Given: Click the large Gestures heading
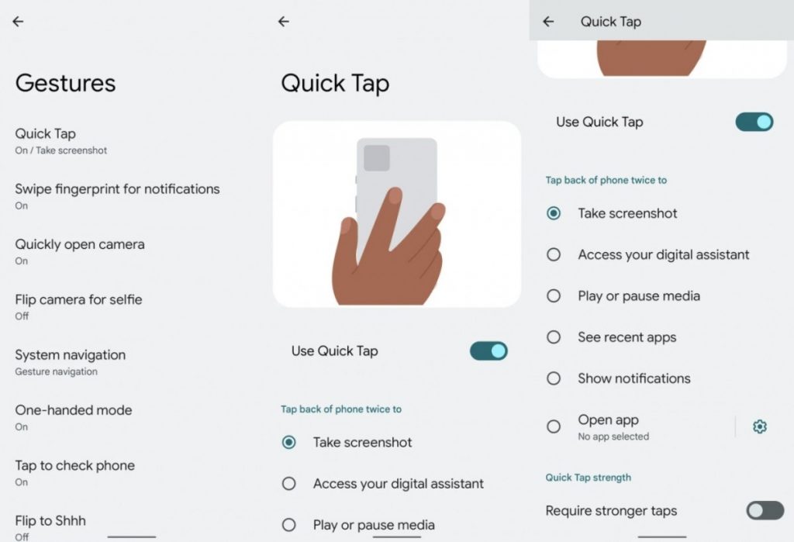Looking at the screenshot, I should coord(65,83).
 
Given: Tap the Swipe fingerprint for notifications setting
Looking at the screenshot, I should coord(117,189).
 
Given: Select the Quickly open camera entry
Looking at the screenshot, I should coord(80,244).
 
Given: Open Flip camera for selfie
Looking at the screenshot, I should coord(78,299).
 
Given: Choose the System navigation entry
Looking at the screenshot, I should coord(70,355).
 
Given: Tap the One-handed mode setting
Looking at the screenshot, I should coord(74,410).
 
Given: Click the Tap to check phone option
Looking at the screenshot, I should coord(74,465).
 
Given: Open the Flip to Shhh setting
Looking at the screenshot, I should coord(50,521).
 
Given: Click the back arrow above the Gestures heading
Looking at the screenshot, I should coord(18,22).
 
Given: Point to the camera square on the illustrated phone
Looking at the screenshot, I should coord(377,158).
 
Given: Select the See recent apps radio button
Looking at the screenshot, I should coord(554,337).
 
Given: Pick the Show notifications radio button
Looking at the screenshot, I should coord(554,378).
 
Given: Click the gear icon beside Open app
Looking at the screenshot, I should coord(760,426).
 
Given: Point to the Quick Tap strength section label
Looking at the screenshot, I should coord(588,478).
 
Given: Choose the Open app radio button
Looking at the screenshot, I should coord(554,426).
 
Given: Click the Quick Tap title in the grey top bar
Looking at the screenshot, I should coord(611,22).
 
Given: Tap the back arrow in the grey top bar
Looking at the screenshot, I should coord(548,22).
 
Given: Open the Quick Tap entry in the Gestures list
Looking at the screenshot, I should coord(46,134).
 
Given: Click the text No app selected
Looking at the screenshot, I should coord(613,437).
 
